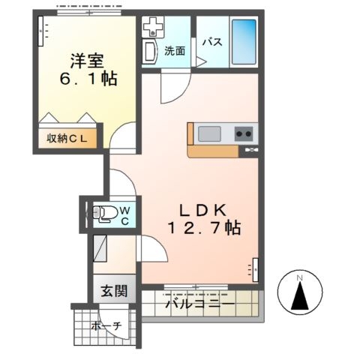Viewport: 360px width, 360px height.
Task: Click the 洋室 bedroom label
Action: coord(87,61)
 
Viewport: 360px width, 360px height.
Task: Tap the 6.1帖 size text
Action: coord(88,79)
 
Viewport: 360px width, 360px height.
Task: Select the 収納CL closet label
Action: coord(67,139)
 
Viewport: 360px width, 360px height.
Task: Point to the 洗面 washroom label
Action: coord(175,51)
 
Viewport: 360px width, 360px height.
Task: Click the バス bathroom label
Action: coord(212,42)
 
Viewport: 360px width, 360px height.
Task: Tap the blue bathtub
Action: coord(244,42)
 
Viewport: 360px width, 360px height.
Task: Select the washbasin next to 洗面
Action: coord(150,52)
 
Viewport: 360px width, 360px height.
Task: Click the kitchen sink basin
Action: coord(209,133)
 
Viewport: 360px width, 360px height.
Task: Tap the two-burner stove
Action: coord(244,133)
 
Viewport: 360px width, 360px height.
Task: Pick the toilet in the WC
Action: coord(105,213)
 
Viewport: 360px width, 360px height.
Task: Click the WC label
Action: coord(125,216)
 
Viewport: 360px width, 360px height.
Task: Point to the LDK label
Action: coord(203,211)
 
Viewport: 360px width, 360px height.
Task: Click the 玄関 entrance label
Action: coord(114,291)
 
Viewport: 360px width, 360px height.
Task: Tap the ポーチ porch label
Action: coord(106,325)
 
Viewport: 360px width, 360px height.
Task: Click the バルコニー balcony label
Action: coord(200,304)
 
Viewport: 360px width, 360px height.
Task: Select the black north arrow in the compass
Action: coord(300,295)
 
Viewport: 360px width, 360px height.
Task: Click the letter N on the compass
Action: coord(299,277)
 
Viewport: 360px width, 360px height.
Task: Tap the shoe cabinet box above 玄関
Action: coord(100,248)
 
